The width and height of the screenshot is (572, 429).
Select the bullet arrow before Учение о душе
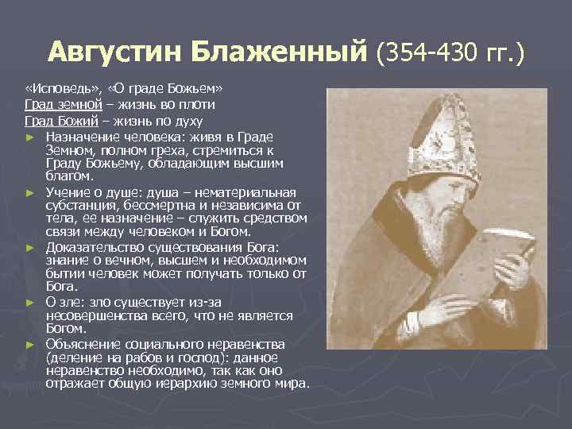point(31,193)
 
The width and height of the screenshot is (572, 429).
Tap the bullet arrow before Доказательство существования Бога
point(31,248)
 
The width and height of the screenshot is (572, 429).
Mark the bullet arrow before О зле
point(31,303)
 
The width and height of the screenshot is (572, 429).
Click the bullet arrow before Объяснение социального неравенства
point(31,345)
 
